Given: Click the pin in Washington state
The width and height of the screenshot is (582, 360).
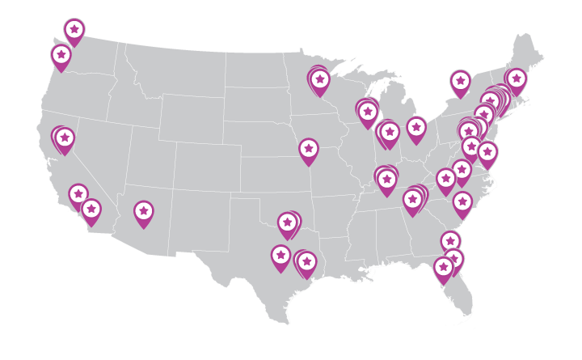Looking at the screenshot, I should point(74,30).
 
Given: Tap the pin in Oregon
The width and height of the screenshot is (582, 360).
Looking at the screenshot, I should point(61,56).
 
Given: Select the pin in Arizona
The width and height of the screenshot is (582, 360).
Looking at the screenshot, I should point(143,211).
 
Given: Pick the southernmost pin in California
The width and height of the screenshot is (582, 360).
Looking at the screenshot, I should point(91,210).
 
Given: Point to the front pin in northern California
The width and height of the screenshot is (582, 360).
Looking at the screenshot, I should point(65,138).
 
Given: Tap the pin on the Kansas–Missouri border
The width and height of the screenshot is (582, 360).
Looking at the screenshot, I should point(308,150).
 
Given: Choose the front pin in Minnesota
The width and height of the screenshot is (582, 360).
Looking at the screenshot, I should point(320,80).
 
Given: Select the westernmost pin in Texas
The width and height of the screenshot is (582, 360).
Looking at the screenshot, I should point(280,256).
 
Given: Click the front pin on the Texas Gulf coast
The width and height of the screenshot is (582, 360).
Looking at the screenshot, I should point(306,262).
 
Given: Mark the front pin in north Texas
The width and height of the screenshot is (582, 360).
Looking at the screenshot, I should point(287,223).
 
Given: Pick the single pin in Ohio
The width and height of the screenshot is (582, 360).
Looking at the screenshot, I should point(416,128).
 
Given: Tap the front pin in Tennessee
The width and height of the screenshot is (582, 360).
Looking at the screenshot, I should point(387,180).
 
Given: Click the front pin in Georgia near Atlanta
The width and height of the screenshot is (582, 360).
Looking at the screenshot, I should point(413,199).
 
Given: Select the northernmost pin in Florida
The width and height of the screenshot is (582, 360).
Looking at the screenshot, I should point(450,241).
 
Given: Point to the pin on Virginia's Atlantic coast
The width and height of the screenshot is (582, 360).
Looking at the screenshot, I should point(487,152).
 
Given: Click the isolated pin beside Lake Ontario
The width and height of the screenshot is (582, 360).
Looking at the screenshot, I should point(460,81).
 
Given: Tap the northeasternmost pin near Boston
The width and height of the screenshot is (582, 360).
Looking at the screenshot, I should point(516,79).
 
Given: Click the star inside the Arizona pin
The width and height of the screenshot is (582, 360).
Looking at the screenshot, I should point(143,210).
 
